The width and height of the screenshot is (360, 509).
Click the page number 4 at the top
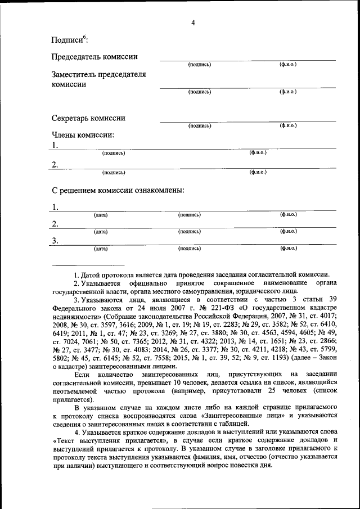tap(193, 23)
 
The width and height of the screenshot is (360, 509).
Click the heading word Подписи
tap(67, 40)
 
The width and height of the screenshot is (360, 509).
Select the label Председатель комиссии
tap(94, 57)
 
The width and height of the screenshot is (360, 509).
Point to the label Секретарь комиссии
tap(88, 119)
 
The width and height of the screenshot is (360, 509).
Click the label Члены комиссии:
tap(83, 135)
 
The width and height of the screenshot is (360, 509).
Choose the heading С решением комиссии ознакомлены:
tap(118, 190)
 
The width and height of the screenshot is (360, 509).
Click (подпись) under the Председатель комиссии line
tap(200, 65)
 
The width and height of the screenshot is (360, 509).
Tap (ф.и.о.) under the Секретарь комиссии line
tap(288, 126)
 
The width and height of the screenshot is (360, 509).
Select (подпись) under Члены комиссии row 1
tap(114, 153)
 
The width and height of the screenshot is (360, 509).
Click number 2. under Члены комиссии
tap(55, 165)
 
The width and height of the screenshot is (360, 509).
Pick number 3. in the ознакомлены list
tap(55, 241)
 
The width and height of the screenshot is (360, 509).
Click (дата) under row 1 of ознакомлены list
tap(101, 215)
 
